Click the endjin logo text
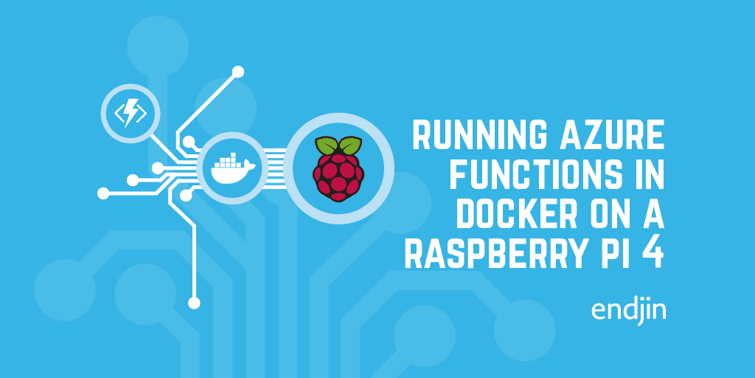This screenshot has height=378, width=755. click(628, 310)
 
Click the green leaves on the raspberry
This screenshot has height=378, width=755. click(338, 145)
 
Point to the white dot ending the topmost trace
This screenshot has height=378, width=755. click(237, 72)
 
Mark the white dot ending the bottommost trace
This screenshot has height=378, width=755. click(194, 302)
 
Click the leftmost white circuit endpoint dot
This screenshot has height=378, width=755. click(103, 193)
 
